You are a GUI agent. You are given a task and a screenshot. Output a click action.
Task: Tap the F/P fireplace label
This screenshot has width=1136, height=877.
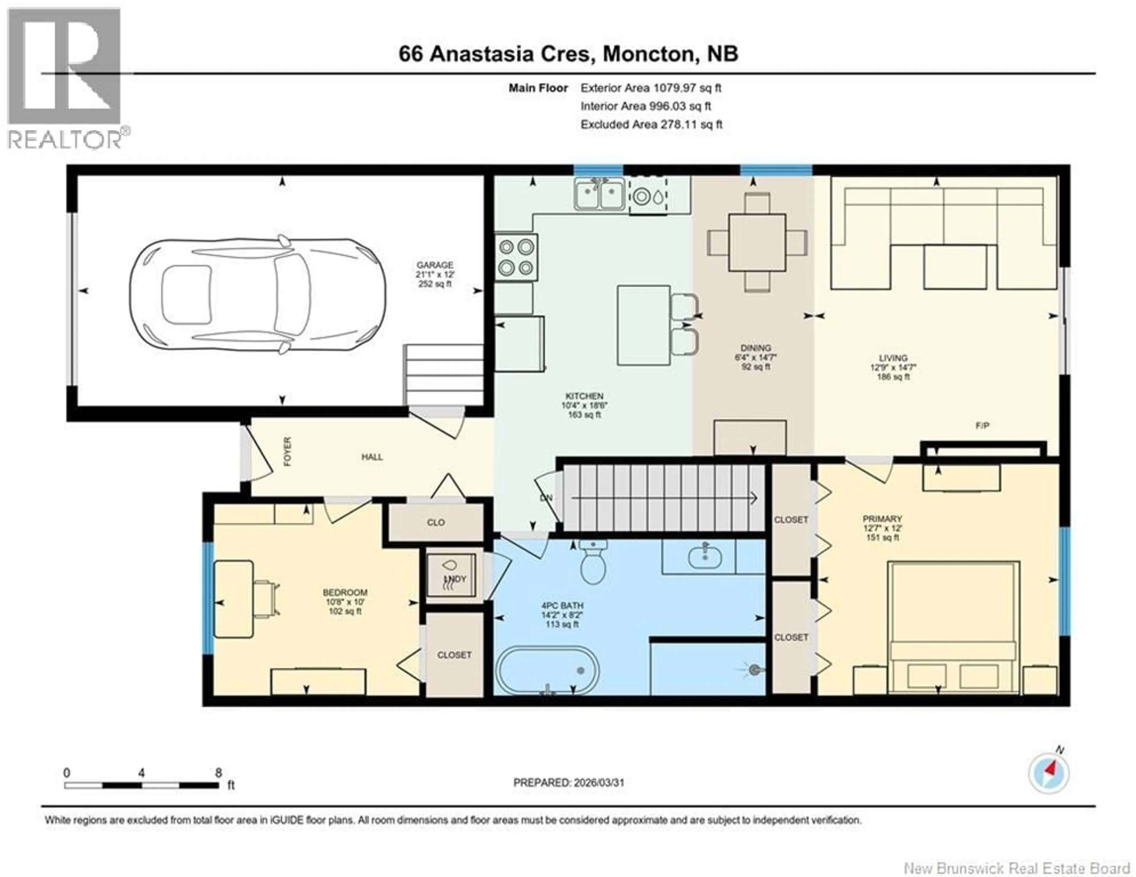pos(982,425)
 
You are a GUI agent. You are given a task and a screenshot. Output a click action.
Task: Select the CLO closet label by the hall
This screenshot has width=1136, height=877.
pos(436,522)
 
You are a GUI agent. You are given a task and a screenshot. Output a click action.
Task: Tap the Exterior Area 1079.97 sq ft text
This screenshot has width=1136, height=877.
pos(651,88)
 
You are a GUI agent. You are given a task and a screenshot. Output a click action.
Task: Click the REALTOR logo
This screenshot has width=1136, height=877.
pos(65,78)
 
